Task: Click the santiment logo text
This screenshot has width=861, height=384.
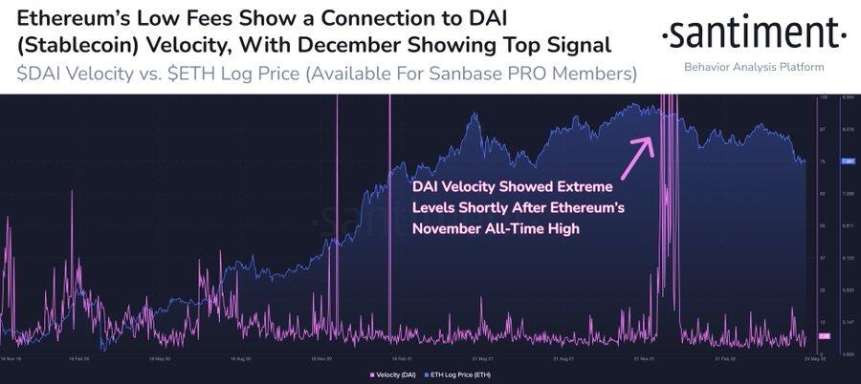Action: click(755, 36)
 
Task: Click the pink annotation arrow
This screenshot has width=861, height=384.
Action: click(637, 157)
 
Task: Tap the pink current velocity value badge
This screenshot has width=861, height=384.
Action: click(824, 336)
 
